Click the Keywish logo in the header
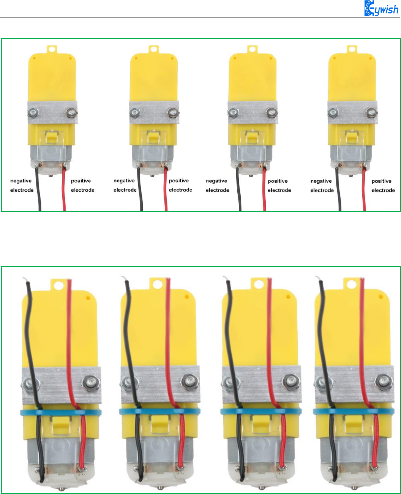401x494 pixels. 381,8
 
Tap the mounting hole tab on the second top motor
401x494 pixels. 153,49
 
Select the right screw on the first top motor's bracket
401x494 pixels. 70,112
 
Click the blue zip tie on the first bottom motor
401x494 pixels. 61,412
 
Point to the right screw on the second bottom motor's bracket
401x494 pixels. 189,381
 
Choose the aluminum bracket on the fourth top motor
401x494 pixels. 352,112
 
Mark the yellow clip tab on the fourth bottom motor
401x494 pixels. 355,422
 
